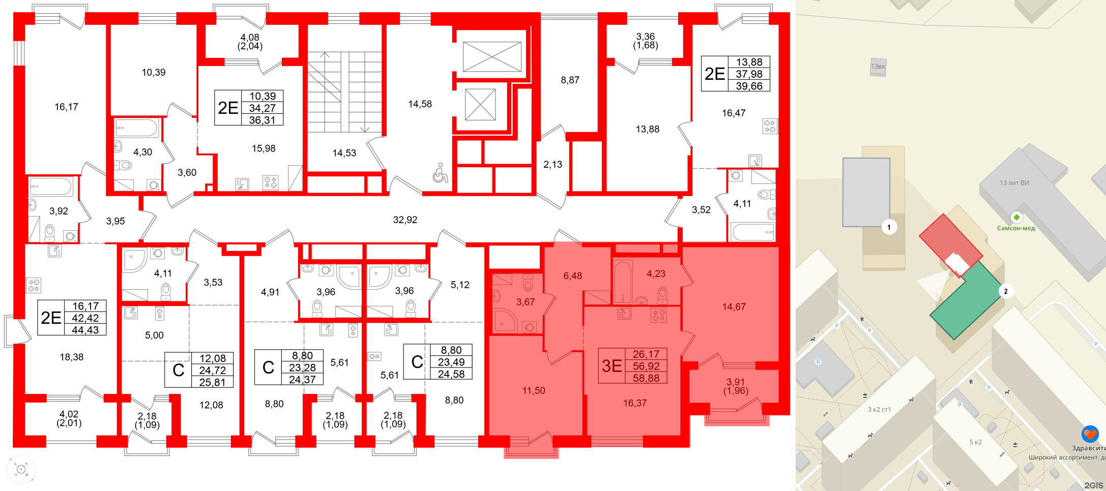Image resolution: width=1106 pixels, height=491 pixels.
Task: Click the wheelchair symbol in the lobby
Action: click(x=440, y=173)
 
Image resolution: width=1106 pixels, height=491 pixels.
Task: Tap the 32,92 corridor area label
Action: click(x=405, y=220)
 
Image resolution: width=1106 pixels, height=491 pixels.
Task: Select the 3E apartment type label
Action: click(x=612, y=365)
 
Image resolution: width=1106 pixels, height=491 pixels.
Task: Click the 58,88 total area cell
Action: click(x=646, y=378)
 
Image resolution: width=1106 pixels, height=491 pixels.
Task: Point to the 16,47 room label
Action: click(x=734, y=113)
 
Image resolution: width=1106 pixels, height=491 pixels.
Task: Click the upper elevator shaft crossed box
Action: click(x=492, y=56)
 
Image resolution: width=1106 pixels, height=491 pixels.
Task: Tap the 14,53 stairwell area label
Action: click(x=344, y=153)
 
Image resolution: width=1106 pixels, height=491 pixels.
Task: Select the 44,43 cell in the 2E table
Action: click(x=85, y=330)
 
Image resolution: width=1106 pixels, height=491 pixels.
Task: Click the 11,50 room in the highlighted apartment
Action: click(x=533, y=390)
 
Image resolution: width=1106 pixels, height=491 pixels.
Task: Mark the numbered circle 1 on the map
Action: click(x=889, y=227)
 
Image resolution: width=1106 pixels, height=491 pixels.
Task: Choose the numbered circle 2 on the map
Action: click(x=1005, y=291)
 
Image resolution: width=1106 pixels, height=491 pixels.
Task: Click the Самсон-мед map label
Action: click(x=1016, y=228)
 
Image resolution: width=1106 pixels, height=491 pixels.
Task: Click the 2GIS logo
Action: click(x=1093, y=485)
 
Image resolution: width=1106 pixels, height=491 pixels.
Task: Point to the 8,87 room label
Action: click(x=570, y=80)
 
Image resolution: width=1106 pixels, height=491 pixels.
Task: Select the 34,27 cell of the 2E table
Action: click(x=262, y=108)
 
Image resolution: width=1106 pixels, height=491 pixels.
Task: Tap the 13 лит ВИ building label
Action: click(x=1014, y=183)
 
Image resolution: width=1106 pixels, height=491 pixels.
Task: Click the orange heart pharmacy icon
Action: click(x=1090, y=434)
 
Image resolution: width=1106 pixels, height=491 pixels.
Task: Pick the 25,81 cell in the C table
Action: click(x=212, y=382)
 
